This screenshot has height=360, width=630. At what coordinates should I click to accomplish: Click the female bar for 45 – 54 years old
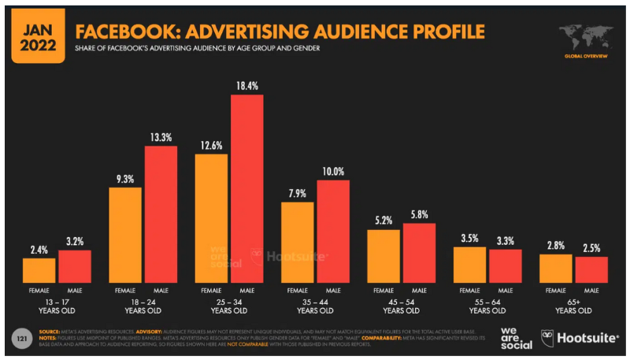click(x=384, y=255)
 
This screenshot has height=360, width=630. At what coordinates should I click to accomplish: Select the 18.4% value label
click(x=246, y=85)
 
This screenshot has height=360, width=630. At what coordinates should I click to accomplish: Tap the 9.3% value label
click(x=125, y=179)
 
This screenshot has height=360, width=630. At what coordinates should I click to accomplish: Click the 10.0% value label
click(x=333, y=171)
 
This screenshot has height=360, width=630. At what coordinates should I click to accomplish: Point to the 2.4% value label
click(x=39, y=249)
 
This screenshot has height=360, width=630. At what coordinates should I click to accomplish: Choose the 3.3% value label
click(x=506, y=240)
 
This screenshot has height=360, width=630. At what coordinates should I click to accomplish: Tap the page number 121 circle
click(x=24, y=338)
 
